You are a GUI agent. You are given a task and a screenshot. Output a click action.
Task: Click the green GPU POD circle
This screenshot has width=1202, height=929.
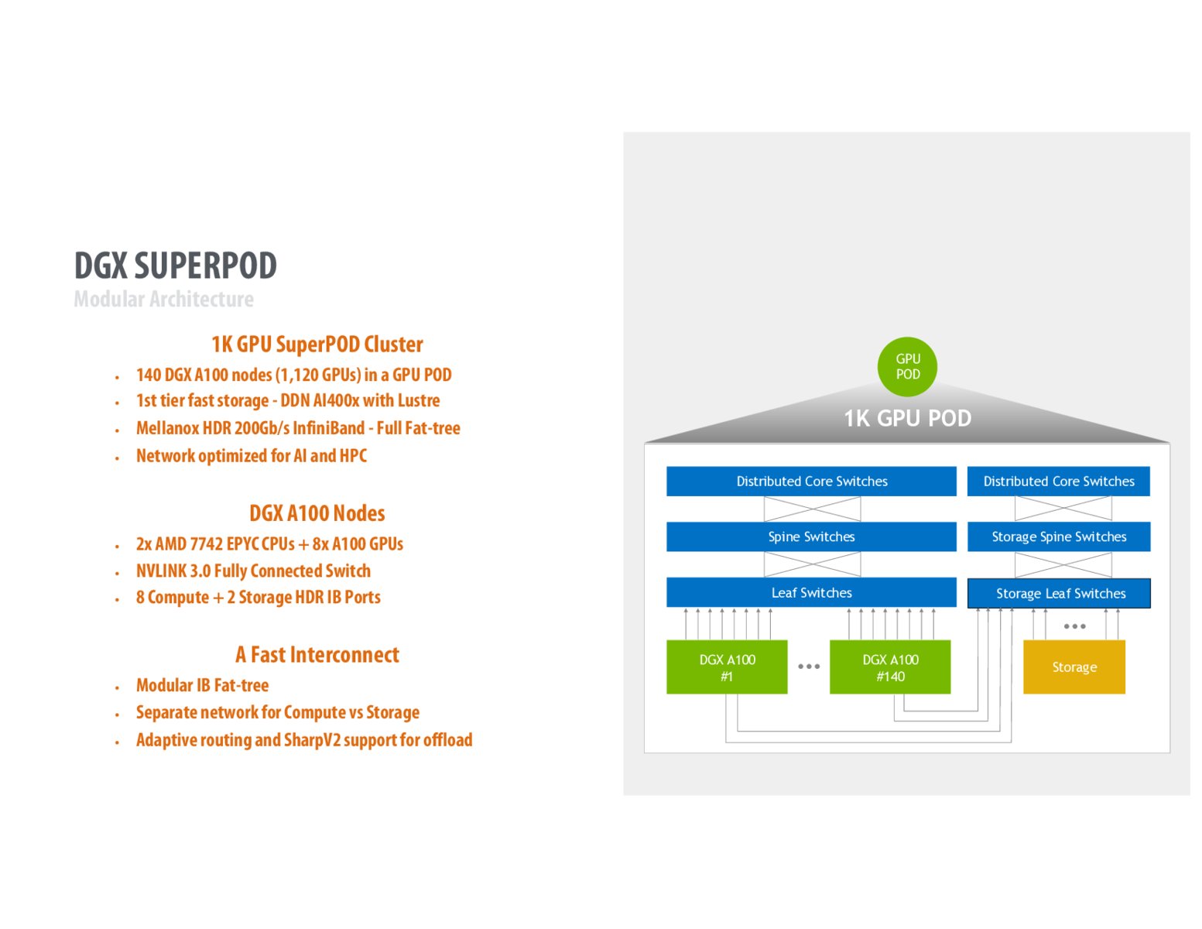pyautogui.click(x=907, y=366)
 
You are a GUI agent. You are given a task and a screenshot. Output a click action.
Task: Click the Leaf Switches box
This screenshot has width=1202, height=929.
pyautogui.click(x=811, y=592)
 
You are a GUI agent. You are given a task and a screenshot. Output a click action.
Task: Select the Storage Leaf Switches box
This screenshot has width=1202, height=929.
pyautogui.click(x=1059, y=594)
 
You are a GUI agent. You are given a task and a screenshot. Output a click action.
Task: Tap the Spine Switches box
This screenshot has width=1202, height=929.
pyautogui.click(x=811, y=536)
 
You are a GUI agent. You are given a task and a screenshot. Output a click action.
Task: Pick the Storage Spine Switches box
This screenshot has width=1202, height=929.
pyautogui.click(x=1059, y=536)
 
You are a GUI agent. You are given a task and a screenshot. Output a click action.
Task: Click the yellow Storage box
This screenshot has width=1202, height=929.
pyautogui.click(x=1074, y=667)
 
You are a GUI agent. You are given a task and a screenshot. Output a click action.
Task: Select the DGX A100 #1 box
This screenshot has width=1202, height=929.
pyautogui.click(x=727, y=667)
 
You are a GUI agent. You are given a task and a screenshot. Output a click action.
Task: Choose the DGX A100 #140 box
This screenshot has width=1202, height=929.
pyautogui.click(x=890, y=667)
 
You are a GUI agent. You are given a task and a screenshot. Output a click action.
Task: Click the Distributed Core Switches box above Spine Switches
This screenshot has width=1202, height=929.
pyautogui.click(x=811, y=481)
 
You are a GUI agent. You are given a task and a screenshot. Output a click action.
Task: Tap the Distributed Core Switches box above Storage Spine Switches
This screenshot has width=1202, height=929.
pyautogui.click(x=1059, y=481)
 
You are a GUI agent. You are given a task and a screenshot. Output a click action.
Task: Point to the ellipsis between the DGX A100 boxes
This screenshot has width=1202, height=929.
pyautogui.click(x=809, y=666)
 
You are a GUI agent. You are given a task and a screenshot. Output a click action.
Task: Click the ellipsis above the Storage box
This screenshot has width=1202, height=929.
pyautogui.click(x=1074, y=626)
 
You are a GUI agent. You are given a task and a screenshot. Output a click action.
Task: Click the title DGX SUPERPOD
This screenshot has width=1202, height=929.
pyautogui.click(x=176, y=266)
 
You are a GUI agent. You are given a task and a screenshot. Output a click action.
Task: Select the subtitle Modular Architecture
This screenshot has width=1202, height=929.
pyautogui.click(x=163, y=299)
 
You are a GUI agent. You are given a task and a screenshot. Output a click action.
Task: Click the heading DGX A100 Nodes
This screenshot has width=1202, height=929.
pyautogui.click(x=317, y=513)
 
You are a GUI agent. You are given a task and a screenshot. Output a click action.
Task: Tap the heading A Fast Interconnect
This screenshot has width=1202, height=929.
pyautogui.click(x=317, y=655)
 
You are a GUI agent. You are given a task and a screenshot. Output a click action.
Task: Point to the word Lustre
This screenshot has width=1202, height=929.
pyautogui.click(x=419, y=400)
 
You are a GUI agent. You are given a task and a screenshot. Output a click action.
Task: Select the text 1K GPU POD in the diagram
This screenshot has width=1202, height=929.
pyautogui.click(x=907, y=418)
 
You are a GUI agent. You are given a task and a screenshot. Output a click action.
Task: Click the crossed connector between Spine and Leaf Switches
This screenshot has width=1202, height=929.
pyautogui.click(x=812, y=564)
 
